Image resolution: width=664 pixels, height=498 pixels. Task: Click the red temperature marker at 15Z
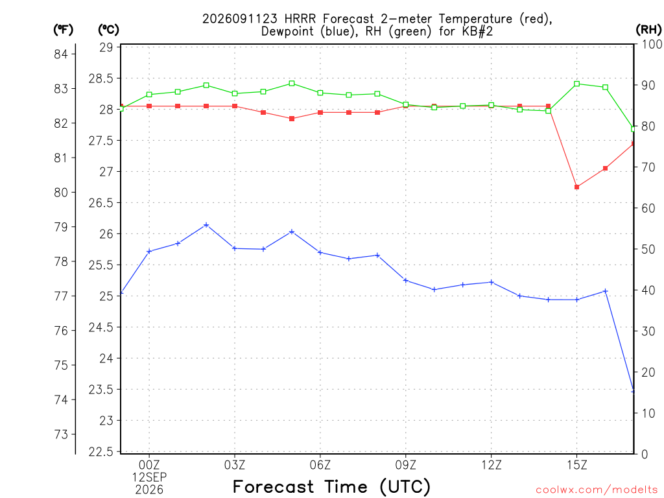pos(576,187)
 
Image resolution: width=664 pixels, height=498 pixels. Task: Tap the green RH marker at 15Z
pos(576,84)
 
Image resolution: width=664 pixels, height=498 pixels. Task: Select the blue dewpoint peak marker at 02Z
pos(206,225)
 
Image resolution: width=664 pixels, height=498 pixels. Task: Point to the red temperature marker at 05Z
pos(292,119)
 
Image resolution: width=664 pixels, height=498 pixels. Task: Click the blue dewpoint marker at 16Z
pos(606,291)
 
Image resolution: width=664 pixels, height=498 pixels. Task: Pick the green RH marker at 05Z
pos(292,84)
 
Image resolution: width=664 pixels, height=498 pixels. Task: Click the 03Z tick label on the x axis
pos(235,465)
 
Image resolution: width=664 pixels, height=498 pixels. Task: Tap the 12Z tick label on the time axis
pos(492,465)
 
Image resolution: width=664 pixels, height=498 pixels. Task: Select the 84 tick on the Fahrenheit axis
pos(61,54)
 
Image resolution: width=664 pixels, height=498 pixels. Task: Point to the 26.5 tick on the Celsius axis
pos(101,203)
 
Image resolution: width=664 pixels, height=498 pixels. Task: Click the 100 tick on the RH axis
pos(652,44)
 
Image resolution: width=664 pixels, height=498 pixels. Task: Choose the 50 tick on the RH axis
pos(648,249)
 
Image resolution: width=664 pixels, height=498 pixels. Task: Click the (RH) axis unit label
pos(648,30)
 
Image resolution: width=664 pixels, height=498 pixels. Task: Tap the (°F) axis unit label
pos(64,30)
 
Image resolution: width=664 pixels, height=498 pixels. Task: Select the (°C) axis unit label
pos(108,30)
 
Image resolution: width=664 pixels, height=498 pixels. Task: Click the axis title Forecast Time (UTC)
pos(331,487)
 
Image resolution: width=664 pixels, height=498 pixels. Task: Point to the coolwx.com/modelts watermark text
pos(597,490)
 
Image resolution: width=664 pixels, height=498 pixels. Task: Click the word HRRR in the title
pos(300,19)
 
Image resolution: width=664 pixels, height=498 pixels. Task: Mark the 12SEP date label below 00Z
pos(149,477)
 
